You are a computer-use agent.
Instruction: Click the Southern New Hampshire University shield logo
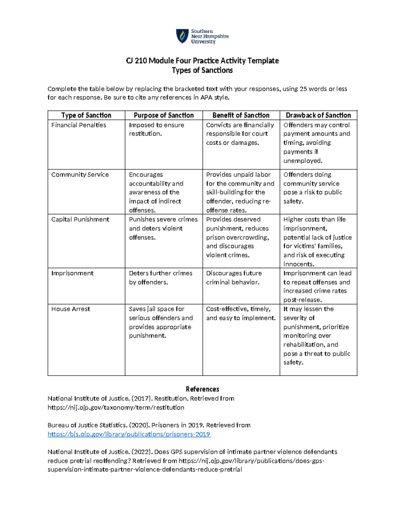coord(182,36)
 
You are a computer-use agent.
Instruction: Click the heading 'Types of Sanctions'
coord(202,70)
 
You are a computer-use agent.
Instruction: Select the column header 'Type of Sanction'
coord(86,115)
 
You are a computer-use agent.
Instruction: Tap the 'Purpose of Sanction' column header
coord(164,115)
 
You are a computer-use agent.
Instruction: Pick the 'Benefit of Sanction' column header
coord(241,115)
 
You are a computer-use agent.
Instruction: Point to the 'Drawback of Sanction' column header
coord(318,115)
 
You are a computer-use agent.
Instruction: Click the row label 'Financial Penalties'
coord(79,125)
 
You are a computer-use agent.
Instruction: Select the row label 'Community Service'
coord(80,175)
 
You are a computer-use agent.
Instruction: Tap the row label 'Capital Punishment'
coord(80,220)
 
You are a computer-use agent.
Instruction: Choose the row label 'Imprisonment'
coord(72,273)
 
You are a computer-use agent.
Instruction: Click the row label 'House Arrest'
coord(71,309)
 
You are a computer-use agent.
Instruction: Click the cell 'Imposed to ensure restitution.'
coord(156,129)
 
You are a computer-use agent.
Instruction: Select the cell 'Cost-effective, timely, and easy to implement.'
coord(241,313)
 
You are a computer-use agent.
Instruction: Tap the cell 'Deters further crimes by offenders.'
coord(160,278)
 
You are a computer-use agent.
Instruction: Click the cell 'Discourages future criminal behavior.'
coord(234,278)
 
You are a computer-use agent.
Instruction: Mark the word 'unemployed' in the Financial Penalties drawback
coord(302,161)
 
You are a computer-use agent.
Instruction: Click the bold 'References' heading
coord(202,389)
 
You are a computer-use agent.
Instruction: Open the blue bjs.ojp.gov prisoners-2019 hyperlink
coord(129,434)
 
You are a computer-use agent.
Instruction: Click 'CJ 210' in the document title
coord(136,61)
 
